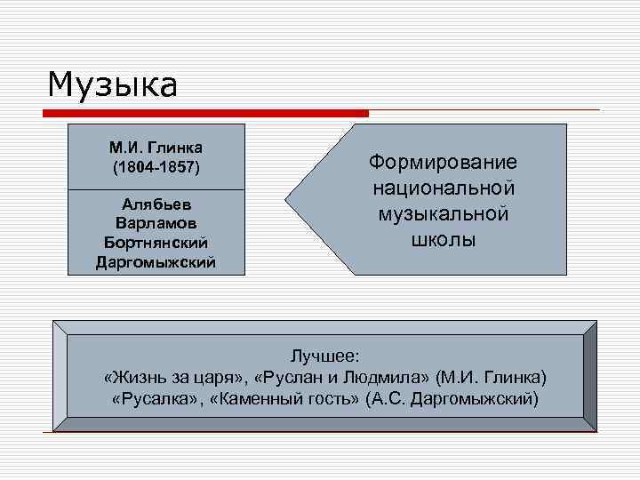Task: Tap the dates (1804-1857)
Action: point(156,166)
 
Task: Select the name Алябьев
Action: point(156,204)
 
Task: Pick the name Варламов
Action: point(156,222)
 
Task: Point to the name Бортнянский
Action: point(156,242)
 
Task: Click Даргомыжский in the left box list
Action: point(156,261)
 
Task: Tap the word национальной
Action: point(443,188)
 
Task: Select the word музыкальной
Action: point(443,214)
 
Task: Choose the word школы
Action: point(443,240)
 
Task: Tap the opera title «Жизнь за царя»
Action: point(174,376)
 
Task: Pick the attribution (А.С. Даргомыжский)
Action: point(452,397)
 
